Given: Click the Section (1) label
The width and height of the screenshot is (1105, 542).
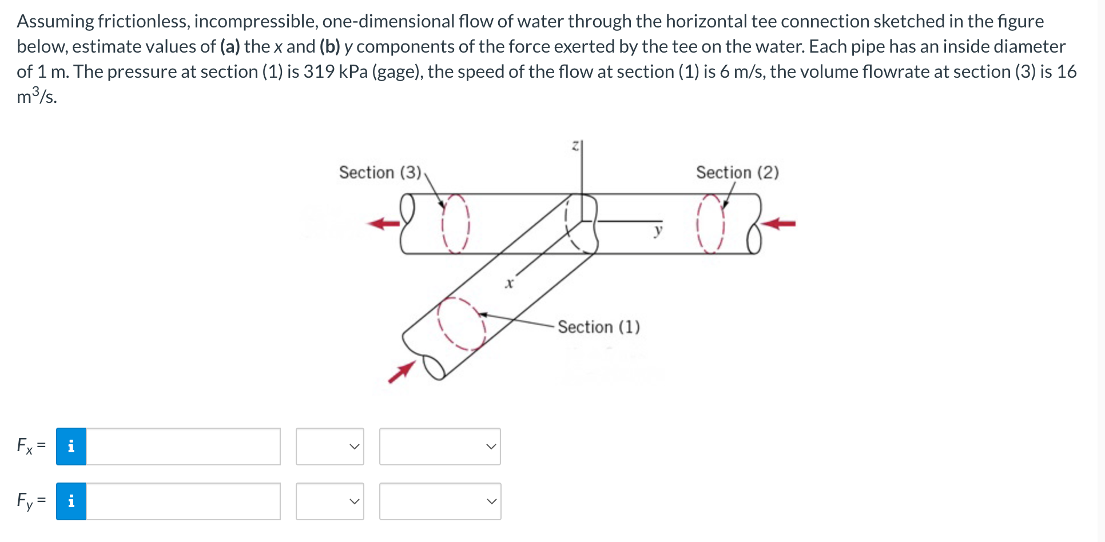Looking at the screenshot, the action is point(598,327).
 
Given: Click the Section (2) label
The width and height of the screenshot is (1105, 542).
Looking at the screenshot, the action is point(737,173).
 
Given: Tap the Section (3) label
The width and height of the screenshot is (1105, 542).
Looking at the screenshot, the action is point(380,173).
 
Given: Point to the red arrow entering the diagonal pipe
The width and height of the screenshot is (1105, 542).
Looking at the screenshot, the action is point(402,372).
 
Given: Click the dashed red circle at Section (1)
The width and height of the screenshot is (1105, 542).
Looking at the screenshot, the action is point(461,323).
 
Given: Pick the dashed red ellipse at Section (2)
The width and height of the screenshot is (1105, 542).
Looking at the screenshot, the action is point(710,224).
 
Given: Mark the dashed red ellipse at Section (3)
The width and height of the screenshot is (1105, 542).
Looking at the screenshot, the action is point(455,224).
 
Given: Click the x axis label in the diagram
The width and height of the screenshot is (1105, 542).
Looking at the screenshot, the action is point(509,283).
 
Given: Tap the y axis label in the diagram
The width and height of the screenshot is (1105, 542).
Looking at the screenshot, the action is point(658,230).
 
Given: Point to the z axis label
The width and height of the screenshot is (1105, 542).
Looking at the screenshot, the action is point(576,146).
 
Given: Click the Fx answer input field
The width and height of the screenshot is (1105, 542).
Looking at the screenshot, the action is point(183,447).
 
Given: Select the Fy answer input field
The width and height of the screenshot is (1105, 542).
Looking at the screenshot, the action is point(183,501).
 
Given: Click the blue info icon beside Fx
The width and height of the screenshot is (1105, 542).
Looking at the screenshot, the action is point(71,447).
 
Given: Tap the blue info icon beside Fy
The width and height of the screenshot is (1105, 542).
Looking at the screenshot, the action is point(71,501).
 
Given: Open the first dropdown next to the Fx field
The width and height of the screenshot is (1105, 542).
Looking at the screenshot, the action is point(330,447).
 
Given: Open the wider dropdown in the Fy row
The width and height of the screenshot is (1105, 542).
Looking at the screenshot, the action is point(440,501).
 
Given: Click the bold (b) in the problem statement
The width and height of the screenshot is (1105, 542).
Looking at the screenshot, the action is point(329,47).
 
